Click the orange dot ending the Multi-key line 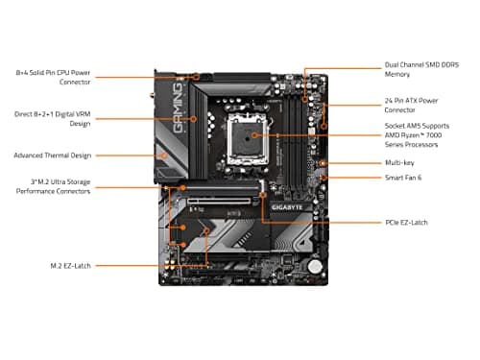click(327, 164)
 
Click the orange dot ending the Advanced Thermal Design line click(166, 155)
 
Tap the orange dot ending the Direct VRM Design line click(194, 119)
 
